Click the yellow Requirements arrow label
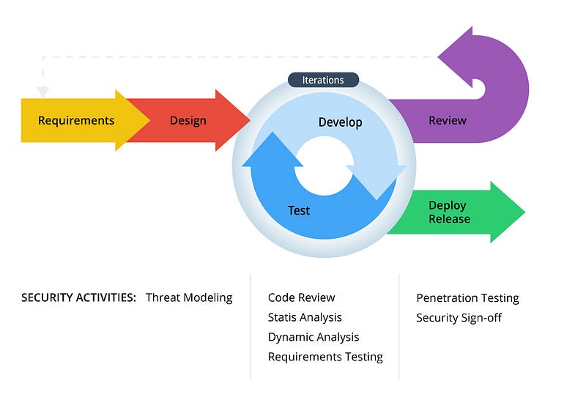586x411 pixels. [x=76, y=121]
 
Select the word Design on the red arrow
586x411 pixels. [x=188, y=121]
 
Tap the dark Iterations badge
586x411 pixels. [x=323, y=80]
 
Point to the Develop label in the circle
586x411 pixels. [x=340, y=122]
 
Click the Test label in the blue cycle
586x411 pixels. [x=299, y=210]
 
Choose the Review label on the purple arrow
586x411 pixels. [x=447, y=121]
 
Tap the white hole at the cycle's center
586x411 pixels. [x=324, y=166]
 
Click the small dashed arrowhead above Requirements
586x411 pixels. [x=42, y=92]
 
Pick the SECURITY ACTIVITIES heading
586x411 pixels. [x=78, y=297]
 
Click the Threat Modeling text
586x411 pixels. [x=189, y=297]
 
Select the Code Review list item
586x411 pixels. [x=301, y=297]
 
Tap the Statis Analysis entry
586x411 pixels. [x=305, y=317]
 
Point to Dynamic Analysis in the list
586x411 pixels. [x=314, y=337]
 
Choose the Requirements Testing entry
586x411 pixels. [x=325, y=357]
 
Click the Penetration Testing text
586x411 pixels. [x=467, y=298]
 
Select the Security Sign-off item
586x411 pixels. [x=459, y=318]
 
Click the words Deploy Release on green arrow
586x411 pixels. [x=449, y=212]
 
